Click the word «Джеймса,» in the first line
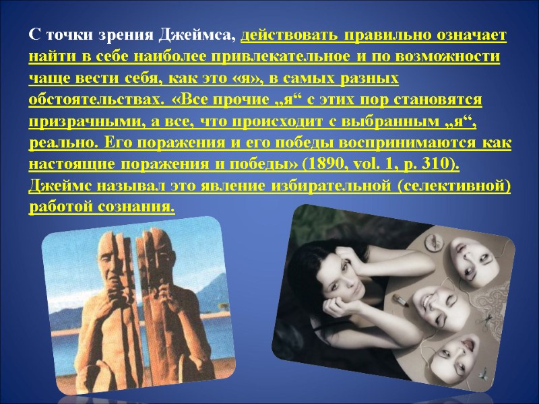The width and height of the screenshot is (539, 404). (201, 34)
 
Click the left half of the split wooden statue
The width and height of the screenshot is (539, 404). (108, 296)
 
